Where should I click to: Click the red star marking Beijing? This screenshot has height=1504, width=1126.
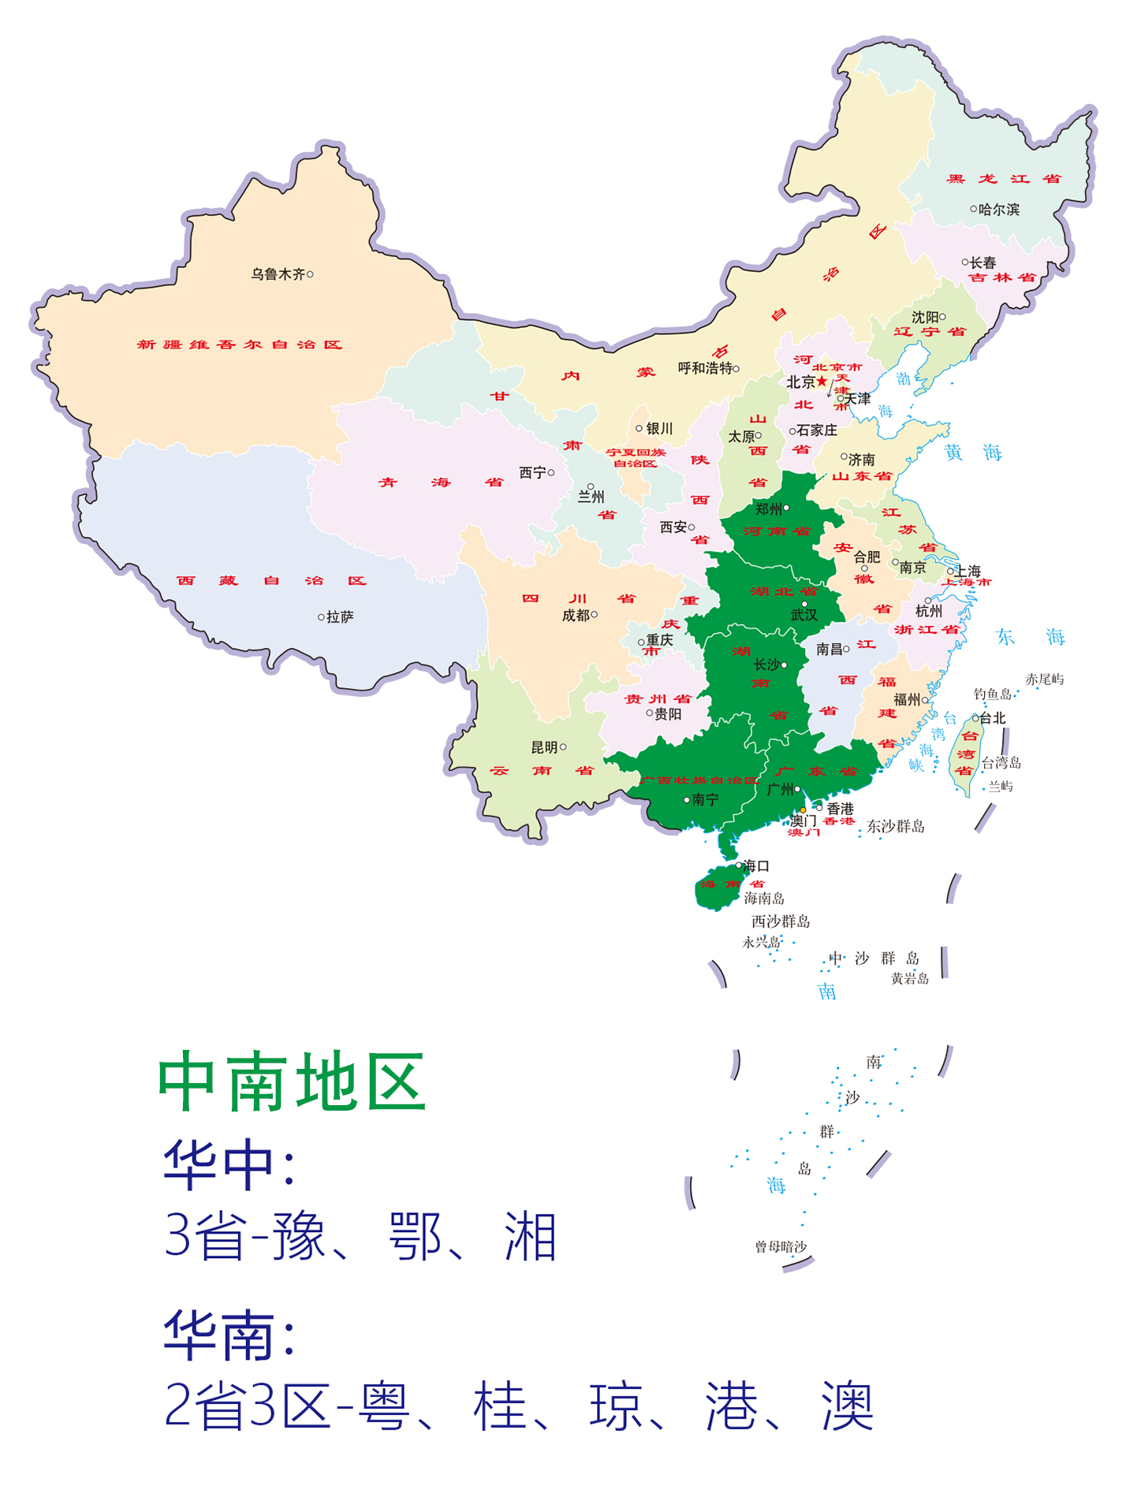(822, 382)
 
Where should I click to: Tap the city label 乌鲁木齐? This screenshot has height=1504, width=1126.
(278, 274)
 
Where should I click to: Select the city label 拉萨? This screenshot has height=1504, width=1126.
(340, 617)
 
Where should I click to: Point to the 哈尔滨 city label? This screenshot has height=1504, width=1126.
(998, 210)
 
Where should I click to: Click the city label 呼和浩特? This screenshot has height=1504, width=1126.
(705, 368)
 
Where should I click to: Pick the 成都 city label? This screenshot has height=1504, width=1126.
(576, 616)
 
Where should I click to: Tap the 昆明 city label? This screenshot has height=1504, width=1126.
(544, 747)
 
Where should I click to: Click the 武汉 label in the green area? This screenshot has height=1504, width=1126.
(804, 615)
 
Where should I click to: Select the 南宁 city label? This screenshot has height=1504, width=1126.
(705, 800)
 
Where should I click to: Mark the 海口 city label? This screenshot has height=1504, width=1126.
(756, 866)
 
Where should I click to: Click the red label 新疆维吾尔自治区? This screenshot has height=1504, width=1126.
(240, 344)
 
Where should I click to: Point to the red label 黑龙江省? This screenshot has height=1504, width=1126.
(1003, 179)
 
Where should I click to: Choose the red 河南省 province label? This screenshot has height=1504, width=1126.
(777, 531)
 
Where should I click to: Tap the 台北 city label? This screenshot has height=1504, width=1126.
(993, 718)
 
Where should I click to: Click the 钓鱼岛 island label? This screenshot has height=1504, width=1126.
(992, 694)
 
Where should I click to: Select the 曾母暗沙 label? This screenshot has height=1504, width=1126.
(781, 1246)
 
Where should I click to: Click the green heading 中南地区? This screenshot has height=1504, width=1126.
(293, 1081)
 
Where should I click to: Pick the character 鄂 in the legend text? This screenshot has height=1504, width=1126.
(416, 1236)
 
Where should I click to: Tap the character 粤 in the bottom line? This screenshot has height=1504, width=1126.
(385, 1406)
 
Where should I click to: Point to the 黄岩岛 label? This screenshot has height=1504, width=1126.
(910, 978)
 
